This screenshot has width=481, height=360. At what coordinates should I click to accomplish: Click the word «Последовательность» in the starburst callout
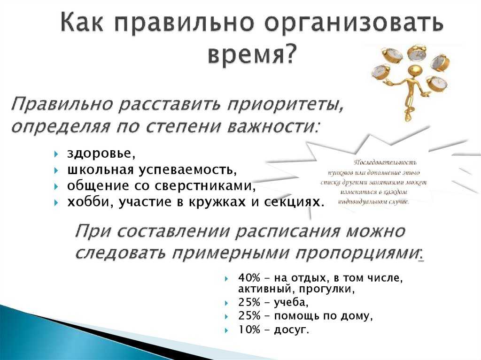[386, 162]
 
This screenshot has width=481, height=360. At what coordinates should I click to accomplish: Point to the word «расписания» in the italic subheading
[287, 231]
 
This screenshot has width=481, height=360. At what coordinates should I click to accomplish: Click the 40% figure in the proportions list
[249, 278]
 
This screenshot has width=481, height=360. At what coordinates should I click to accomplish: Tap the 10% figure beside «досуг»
[249, 330]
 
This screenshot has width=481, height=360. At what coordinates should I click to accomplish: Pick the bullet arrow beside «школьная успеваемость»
[56, 170]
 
